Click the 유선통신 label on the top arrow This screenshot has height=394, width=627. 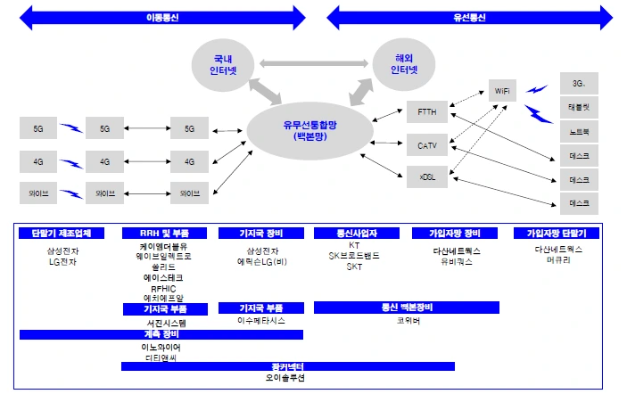pyautogui.click(x=468, y=17)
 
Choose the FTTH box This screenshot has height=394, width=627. pyautogui.click(x=427, y=112)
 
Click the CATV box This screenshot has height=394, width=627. pyautogui.click(x=427, y=144)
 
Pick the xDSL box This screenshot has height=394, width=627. pyautogui.click(x=427, y=176)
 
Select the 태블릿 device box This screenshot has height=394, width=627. pyautogui.click(x=579, y=108)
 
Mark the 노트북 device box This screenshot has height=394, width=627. pyautogui.click(x=579, y=132)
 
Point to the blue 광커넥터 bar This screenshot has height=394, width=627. pyautogui.click(x=287, y=366)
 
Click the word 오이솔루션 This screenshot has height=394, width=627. pyautogui.click(x=285, y=378)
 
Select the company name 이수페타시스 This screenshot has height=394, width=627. pyautogui.click(x=260, y=320)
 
